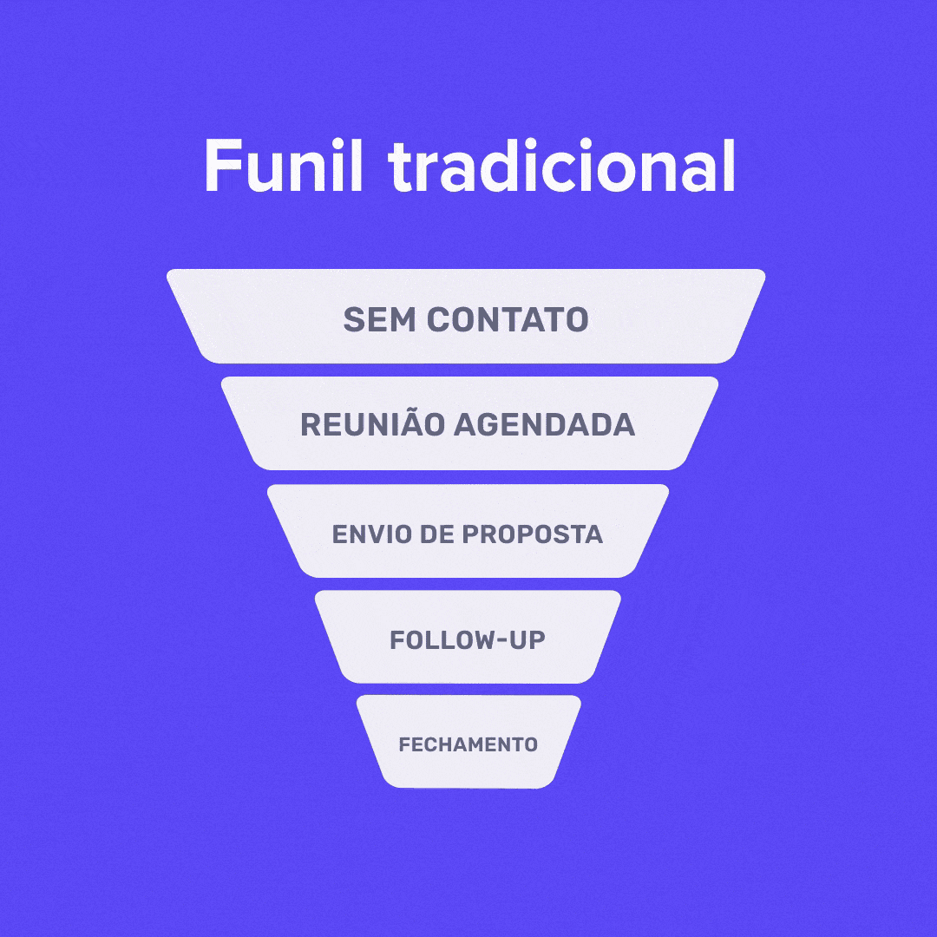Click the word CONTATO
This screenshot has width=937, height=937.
508,319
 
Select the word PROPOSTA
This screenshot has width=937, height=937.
532,534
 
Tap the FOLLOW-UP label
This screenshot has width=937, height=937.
468,640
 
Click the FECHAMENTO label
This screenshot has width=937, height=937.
468,744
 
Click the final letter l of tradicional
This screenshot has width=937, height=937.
728,165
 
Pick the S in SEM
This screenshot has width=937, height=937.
353,319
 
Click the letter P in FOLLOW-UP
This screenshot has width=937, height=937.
535,640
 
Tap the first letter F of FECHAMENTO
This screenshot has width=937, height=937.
403,744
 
